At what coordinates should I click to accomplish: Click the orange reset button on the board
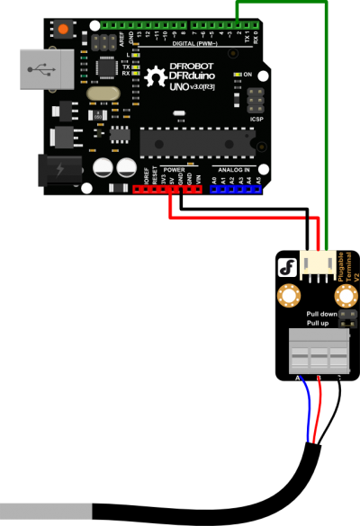tap(63, 30)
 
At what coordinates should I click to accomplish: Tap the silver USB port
tap(46, 69)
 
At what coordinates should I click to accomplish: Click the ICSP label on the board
tap(256, 117)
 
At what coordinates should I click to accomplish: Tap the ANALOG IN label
tap(236, 169)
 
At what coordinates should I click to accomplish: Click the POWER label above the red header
tap(175, 169)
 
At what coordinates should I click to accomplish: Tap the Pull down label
tap(321, 314)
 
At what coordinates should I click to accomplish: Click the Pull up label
tap(319, 322)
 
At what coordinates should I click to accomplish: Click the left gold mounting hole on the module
tap(288, 294)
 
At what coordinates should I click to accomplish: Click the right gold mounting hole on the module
tap(346, 294)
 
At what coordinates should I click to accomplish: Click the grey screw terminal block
tap(319, 351)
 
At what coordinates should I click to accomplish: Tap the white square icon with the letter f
tap(287, 267)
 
